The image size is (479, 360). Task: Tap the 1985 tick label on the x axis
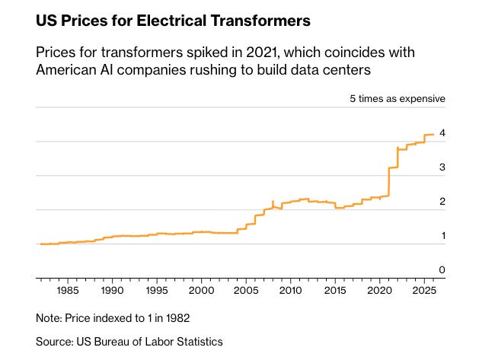point(68,290)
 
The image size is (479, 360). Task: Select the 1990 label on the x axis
point(112,290)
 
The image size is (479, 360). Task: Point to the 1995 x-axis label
point(157,290)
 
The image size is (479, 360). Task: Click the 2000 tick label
point(201,290)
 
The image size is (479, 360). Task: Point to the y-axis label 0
point(442,270)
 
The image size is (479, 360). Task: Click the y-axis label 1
point(442,236)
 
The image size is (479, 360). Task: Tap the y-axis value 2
point(442,202)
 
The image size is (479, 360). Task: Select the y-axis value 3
point(442,167)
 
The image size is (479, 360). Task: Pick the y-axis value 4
point(442,133)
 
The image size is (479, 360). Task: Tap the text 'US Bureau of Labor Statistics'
point(152,342)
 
